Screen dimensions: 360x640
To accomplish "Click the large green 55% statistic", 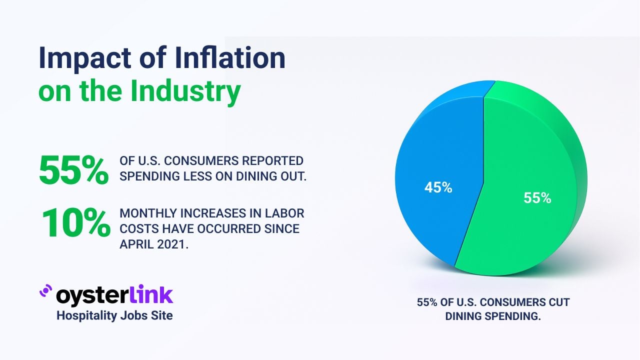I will (x=73, y=170).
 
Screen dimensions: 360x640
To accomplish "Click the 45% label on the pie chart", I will (x=438, y=187).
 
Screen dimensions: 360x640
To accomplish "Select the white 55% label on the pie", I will (x=537, y=198).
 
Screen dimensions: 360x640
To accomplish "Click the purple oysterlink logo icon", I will (x=46, y=291).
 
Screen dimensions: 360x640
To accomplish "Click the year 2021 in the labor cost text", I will (x=174, y=244).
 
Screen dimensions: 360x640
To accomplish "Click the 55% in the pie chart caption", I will (x=427, y=302).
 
